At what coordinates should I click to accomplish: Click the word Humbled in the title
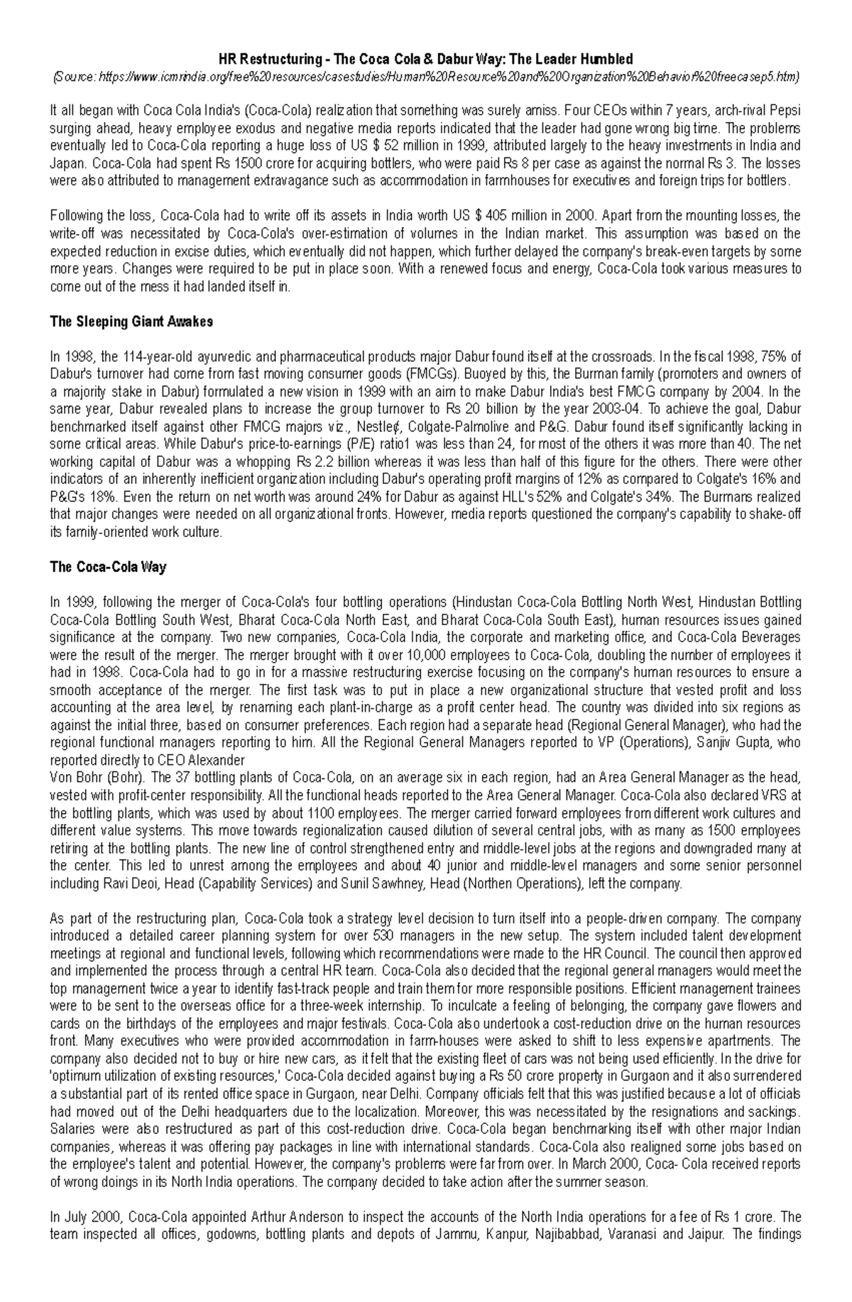pyautogui.click(x=605, y=59)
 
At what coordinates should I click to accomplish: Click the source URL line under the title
pyautogui.click(x=425, y=77)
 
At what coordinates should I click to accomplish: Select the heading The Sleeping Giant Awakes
pyautogui.click(x=131, y=321)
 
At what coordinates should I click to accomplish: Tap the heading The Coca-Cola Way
pyautogui.click(x=108, y=567)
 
